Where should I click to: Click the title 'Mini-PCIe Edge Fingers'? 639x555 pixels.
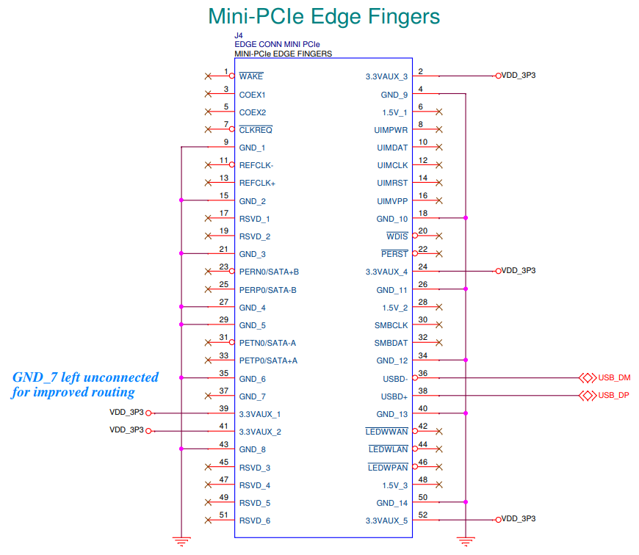click(324, 16)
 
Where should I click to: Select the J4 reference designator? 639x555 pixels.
click(239, 35)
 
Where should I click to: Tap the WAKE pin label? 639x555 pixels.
click(251, 76)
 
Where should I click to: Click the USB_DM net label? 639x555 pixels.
click(615, 378)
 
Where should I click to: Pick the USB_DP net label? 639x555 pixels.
click(615, 396)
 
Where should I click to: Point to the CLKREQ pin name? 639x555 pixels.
click(256, 130)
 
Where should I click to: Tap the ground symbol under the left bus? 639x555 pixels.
click(181, 542)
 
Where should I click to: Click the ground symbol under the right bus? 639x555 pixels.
click(465, 542)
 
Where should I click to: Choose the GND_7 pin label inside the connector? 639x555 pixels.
click(253, 396)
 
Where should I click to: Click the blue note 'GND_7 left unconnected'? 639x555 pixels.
click(85, 377)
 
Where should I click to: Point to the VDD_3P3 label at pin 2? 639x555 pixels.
click(518, 76)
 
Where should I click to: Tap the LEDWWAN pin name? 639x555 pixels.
click(386, 432)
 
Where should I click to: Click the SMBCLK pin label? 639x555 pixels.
click(391, 325)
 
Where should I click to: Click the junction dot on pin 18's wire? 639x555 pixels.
click(465, 218)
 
